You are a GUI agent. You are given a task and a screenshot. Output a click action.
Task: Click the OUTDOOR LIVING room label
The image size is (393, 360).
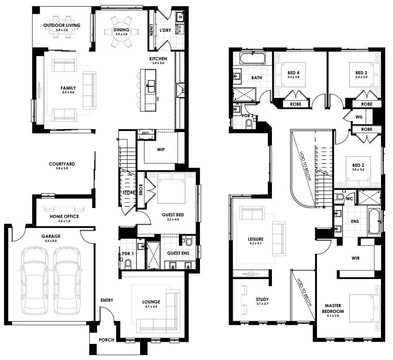pyautogui.click(x=62, y=26)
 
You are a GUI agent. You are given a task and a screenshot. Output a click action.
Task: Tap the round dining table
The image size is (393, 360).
pyautogui.click(x=121, y=32)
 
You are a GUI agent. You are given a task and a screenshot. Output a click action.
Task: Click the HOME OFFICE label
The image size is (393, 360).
pyautogui.click(x=64, y=216)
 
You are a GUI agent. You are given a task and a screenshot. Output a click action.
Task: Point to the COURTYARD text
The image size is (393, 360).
pyautogui.click(x=62, y=164)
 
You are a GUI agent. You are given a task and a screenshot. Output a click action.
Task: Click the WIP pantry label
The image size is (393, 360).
pyautogui.click(x=161, y=149)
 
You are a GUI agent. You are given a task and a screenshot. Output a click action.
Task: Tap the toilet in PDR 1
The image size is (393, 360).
pyautogui.click(x=128, y=263)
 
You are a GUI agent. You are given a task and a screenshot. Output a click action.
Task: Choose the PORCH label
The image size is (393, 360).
pyautogui.click(x=106, y=340)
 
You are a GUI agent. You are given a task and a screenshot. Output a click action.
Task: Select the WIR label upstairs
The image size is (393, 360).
pyautogui.click(x=355, y=258)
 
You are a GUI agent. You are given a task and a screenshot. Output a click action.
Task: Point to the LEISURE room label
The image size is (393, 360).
pyautogui.click(x=256, y=239)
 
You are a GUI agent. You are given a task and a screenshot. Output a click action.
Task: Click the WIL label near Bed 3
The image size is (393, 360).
pyautogui.click(x=360, y=117)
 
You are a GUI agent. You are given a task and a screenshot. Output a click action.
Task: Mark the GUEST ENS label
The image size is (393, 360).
pyautogui.click(x=178, y=253)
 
